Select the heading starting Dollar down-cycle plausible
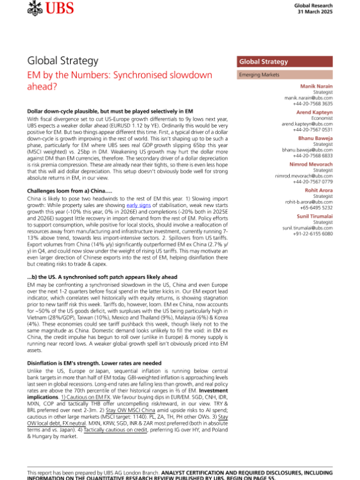110,113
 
